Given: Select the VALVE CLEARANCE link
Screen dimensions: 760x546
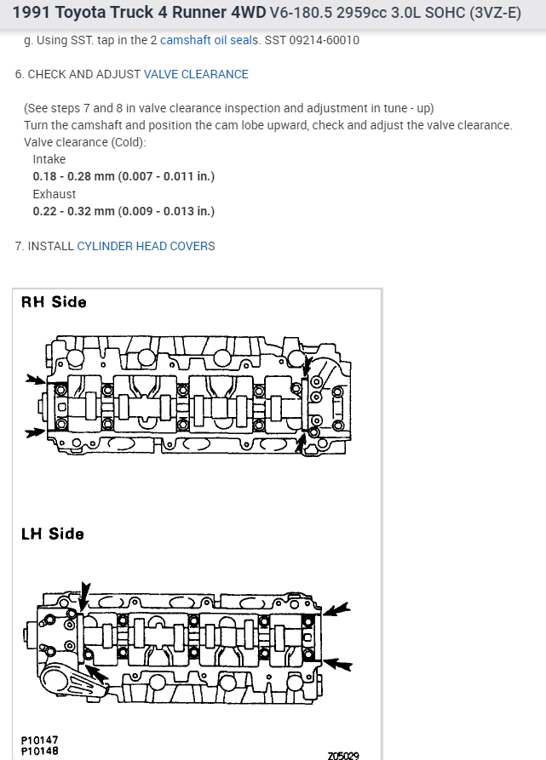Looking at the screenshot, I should pos(196,74).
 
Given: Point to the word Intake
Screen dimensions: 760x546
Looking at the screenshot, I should pos(49,159).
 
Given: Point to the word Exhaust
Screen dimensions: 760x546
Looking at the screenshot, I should pos(54,194).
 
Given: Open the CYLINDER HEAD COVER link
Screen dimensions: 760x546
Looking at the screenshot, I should pos(142,246).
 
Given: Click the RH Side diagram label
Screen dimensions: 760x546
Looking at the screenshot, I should pos(54,302).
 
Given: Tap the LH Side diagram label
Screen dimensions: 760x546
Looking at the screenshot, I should pos(53,534).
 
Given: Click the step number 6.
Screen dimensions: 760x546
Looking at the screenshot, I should pos(18,74).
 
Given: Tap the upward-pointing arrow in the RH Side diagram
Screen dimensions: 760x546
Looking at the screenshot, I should pos(301,442).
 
